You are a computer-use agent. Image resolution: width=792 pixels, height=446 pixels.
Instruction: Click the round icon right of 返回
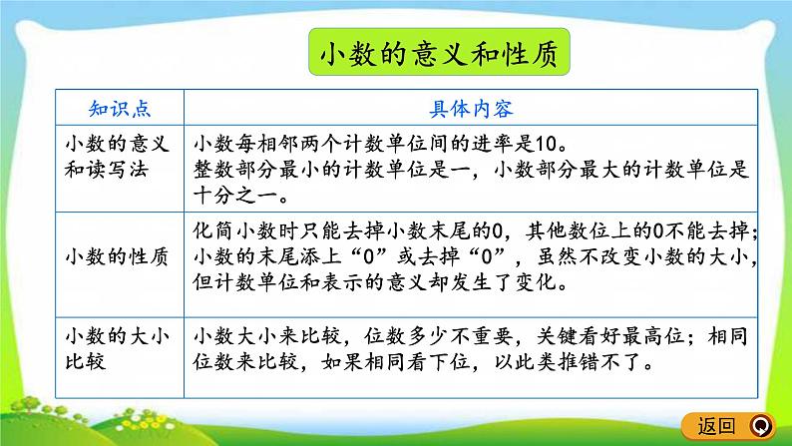762,424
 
